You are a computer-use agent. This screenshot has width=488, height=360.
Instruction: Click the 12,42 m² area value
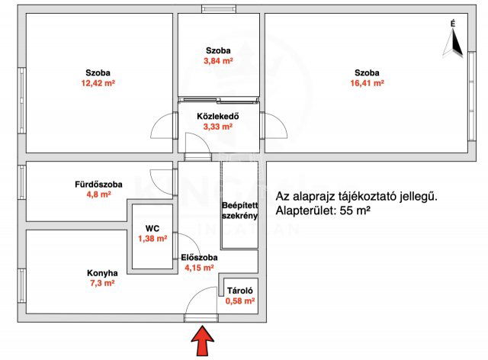pos(98,84)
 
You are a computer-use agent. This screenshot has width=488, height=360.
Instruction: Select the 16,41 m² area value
pos(368,84)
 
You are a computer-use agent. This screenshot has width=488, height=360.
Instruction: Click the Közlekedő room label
pos(219,117)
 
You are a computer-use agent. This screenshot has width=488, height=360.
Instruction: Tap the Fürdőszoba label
pos(97,184)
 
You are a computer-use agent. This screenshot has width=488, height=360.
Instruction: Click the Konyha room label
pos(102,272)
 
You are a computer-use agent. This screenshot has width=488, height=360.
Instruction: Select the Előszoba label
pos(200,258)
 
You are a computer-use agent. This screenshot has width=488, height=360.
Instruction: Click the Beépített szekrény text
pos(239,211)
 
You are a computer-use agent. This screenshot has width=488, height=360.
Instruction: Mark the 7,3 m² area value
pos(102,283)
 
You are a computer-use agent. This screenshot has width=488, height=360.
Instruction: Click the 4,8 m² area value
pos(97,194)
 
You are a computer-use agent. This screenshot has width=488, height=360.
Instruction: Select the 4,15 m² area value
pos(200,268)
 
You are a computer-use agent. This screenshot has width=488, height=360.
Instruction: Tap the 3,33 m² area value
pos(219,127)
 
